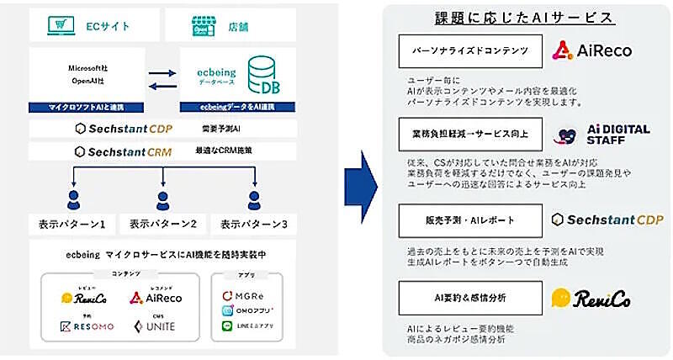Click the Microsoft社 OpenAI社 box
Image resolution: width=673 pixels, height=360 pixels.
87,73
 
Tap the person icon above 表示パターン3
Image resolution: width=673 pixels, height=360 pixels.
252,201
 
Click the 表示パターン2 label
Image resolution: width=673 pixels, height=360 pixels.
163,225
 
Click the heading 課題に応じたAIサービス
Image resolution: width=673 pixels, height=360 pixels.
522,17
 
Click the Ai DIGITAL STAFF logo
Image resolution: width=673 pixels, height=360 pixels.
606,135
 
